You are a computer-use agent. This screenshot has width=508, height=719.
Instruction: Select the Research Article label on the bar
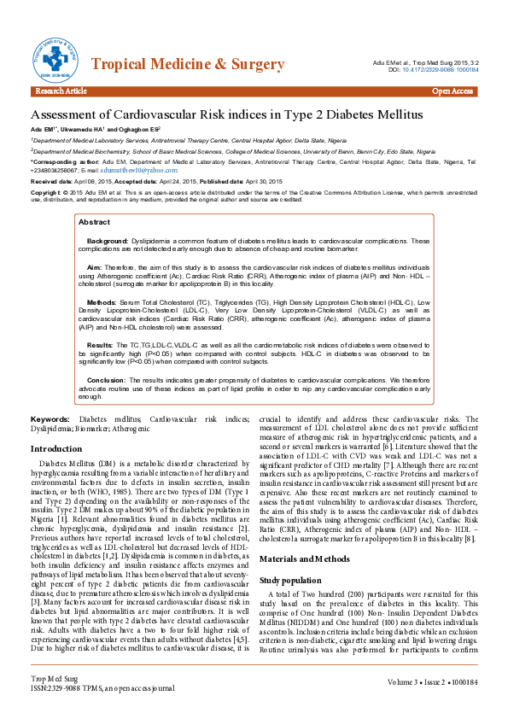[x=61, y=91]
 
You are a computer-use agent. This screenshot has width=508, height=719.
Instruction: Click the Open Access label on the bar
[x=452, y=91]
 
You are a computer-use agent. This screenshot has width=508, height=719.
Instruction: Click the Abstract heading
[x=94, y=221]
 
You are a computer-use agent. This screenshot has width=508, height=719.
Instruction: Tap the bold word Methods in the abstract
[x=102, y=302]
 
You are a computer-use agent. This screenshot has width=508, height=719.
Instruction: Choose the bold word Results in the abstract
[x=100, y=344]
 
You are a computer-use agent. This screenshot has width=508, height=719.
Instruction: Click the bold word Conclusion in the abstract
[x=107, y=379]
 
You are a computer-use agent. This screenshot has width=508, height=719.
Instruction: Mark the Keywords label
[x=50, y=420]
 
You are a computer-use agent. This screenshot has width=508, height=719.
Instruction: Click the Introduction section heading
[x=56, y=448]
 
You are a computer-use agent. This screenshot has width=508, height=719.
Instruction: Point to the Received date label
[x=50, y=183]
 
